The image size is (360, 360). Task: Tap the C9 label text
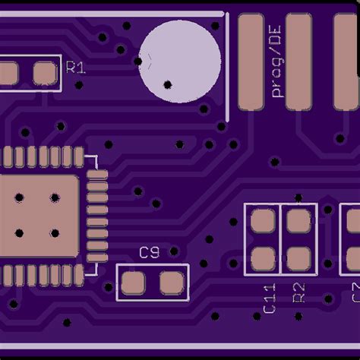149,253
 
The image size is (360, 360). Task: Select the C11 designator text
269,298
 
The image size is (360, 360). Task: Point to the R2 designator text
298,293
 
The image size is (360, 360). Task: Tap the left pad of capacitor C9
134,284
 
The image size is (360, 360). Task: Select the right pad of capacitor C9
171,284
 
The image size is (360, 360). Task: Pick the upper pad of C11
263,222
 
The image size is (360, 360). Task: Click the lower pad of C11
263,258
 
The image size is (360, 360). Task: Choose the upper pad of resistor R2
298,222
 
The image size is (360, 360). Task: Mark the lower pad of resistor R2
298,258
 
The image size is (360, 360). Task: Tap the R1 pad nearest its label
45,73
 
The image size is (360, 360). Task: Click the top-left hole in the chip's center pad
18,198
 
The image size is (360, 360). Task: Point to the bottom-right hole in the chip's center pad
55,233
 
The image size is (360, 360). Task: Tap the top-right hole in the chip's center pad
55,198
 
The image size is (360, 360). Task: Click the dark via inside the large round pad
168,84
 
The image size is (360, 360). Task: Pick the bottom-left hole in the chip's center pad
18,233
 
